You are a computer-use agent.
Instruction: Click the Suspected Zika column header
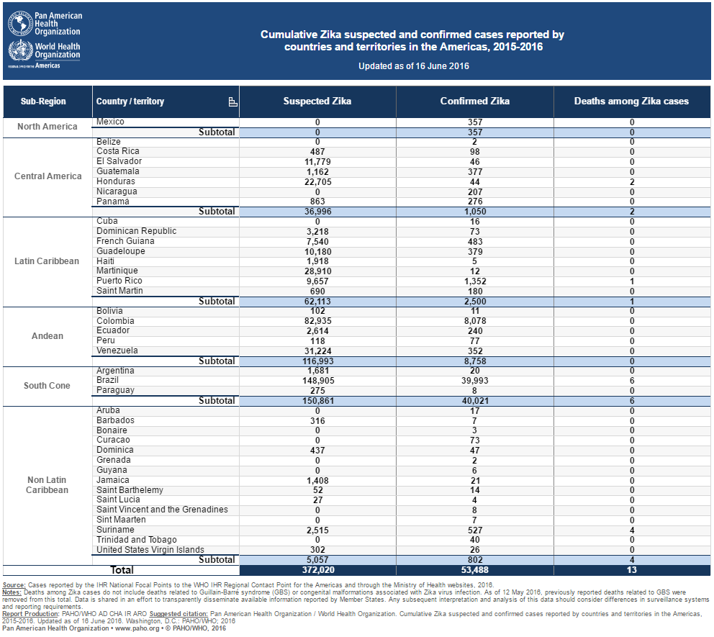click(x=317, y=101)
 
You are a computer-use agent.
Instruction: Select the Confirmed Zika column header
click(x=474, y=101)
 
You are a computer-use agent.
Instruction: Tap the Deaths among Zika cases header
click(x=631, y=101)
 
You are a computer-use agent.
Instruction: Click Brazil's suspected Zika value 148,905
click(x=318, y=381)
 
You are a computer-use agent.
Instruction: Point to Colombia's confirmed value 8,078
click(x=475, y=321)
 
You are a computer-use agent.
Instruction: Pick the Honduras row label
click(x=116, y=181)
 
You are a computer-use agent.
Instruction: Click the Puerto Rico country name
click(x=119, y=281)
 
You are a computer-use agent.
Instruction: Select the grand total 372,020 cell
click(x=318, y=570)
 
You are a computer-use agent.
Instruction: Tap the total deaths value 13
click(x=631, y=570)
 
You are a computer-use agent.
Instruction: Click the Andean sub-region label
click(x=48, y=336)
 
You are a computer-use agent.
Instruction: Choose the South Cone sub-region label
click(x=47, y=386)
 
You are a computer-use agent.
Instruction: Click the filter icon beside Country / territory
click(x=232, y=102)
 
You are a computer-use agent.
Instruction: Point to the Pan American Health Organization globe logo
click(x=20, y=23)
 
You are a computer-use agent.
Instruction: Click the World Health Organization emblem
click(x=20, y=50)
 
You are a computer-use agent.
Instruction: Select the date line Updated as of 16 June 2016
click(x=413, y=66)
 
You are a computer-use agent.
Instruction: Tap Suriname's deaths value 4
click(x=632, y=530)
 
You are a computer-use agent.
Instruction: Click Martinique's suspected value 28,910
click(x=318, y=271)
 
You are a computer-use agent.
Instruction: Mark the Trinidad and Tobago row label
click(x=137, y=540)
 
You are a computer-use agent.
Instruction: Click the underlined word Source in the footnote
click(x=14, y=585)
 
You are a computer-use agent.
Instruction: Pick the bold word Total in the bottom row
click(x=122, y=570)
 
